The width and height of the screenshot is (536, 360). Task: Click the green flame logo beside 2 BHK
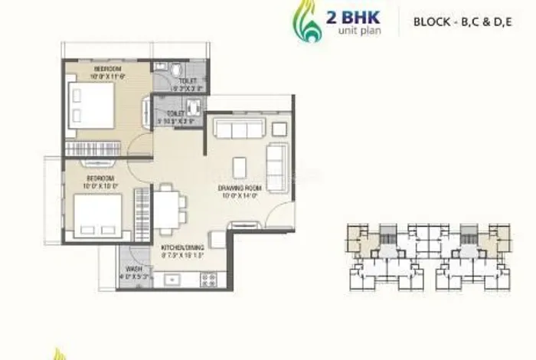308,22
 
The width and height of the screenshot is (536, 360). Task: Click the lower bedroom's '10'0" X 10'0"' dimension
100,185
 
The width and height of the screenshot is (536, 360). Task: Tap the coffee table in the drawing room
240,166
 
